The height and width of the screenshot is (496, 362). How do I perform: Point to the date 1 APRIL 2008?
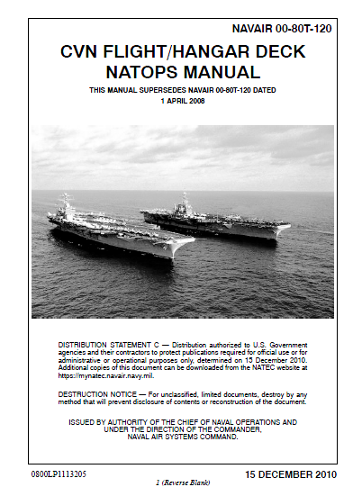tap(182, 102)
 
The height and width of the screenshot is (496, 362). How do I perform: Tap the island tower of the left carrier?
tap(65, 204)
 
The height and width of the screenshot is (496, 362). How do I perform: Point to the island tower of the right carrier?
tap(186, 200)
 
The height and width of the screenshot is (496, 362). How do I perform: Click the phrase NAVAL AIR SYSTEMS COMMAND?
tap(182, 436)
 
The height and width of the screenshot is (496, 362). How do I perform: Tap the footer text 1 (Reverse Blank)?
tap(182, 483)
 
